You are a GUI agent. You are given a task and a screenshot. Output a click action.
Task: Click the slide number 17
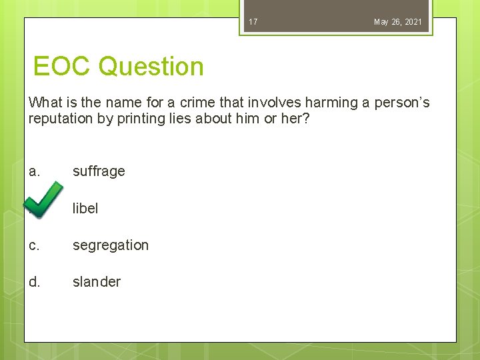click(253, 22)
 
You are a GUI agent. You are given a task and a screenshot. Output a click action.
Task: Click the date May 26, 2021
click(397, 22)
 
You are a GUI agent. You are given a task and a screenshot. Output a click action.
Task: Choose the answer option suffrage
click(99, 171)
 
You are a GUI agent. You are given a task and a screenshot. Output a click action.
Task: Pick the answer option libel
click(85, 208)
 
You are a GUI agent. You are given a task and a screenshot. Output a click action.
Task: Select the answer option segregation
click(111, 245)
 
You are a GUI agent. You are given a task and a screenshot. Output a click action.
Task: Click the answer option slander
click(97, 282)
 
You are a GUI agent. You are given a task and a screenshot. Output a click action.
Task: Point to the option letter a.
click(35, 171)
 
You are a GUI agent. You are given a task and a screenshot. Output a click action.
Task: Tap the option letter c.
click(34, 245)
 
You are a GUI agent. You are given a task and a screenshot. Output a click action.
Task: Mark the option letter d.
click(35, 282)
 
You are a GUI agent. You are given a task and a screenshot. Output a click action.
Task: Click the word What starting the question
click(45, 103)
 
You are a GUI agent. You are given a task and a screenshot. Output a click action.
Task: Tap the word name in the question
click(112, 103)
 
